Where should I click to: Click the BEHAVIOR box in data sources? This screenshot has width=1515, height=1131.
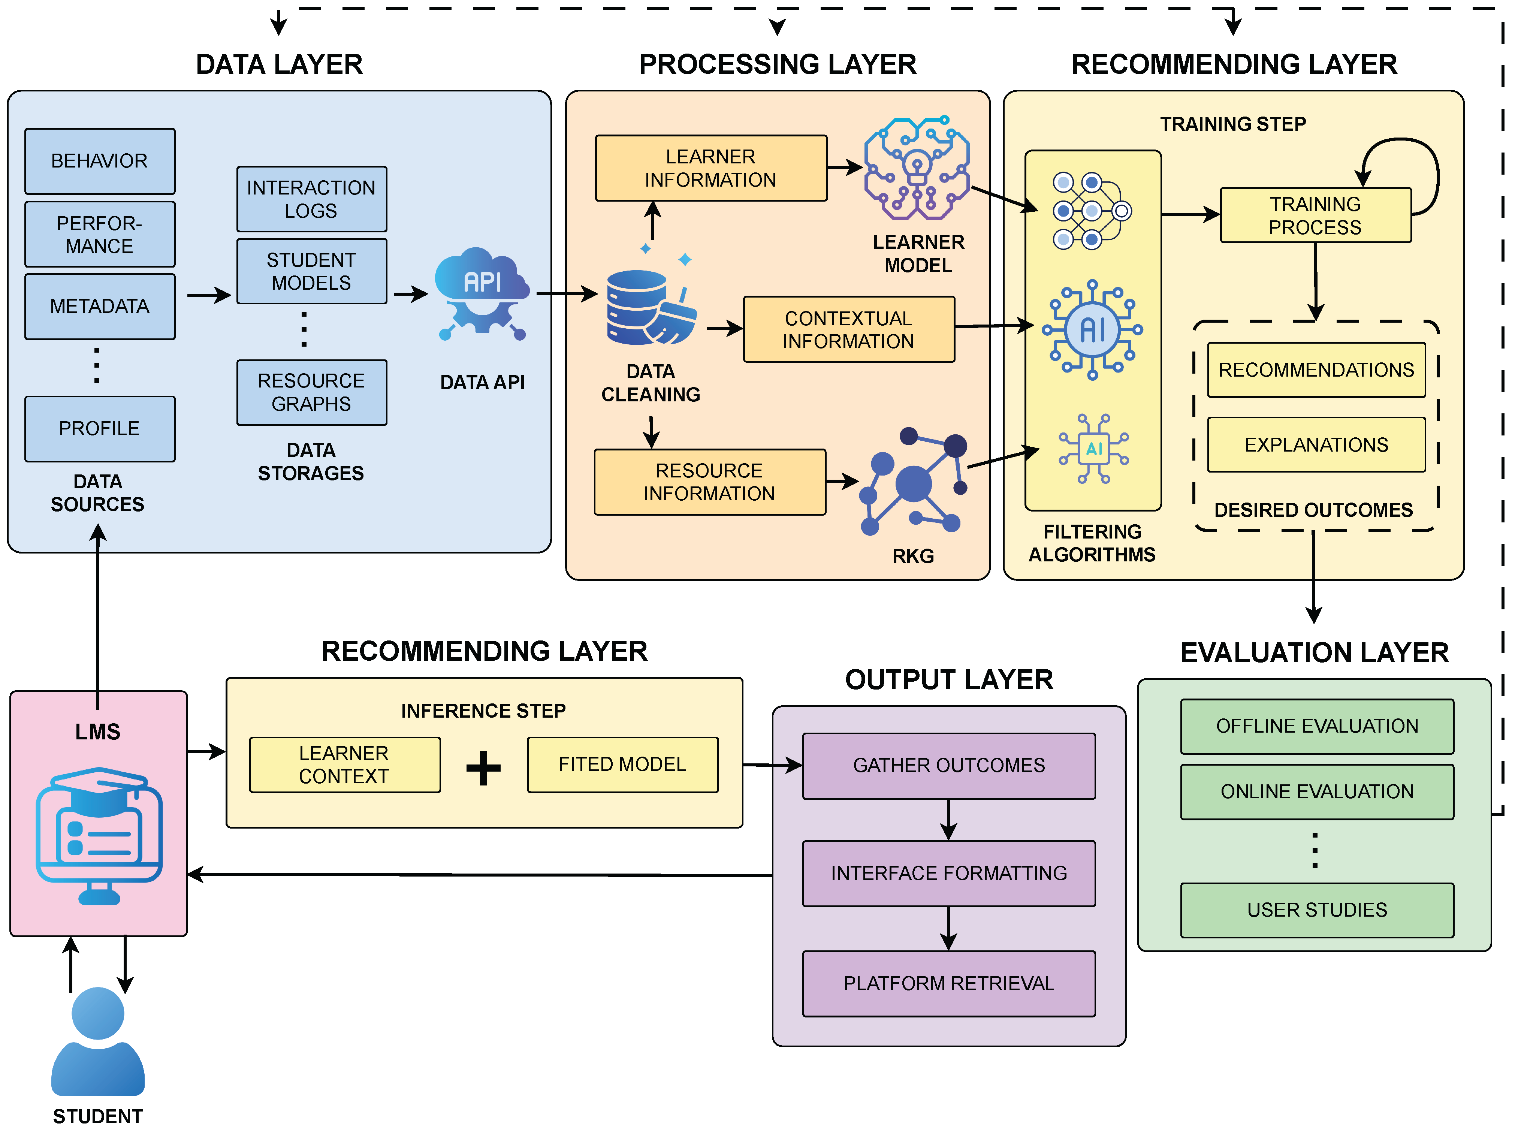click(99, 161)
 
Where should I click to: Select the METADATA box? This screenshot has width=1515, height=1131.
click(99, 306)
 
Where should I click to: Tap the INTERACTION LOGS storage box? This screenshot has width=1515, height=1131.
click(311, 199)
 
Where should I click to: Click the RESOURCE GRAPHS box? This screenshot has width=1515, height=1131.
click(311, 392)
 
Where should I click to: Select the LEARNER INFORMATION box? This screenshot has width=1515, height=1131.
click(710, 168)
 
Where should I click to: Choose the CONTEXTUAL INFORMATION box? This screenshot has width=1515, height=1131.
click(848, 329)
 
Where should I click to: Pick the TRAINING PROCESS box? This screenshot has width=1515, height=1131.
click(1315, 215)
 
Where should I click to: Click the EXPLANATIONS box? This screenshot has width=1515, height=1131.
click(1316, 445)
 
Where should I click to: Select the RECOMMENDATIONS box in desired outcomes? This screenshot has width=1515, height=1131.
click(1316, 370)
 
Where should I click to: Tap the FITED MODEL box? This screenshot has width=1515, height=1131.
click(622, 765)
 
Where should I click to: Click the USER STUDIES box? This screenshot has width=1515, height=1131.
click(1316, 910)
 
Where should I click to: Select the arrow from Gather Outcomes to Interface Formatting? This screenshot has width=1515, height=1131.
click(948, 820)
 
